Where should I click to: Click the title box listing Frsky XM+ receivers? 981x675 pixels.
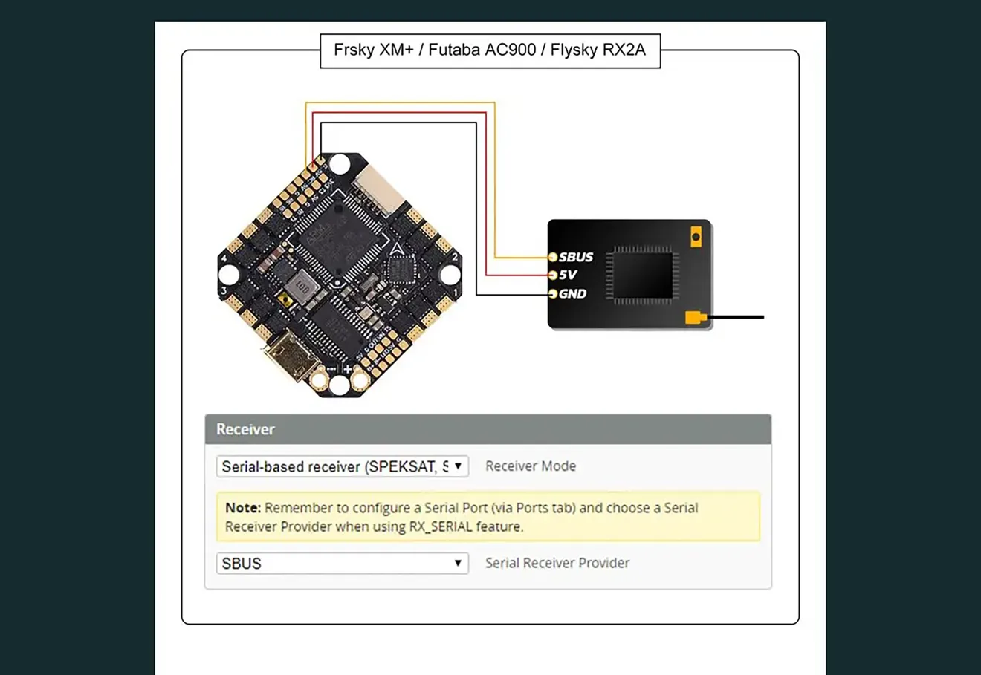[490, 50]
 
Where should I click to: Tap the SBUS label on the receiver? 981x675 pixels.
[576, 257]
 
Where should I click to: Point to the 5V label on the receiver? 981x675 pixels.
[568, 275]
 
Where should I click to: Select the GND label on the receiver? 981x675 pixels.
[572, 293]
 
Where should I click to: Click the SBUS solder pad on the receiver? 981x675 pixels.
[552, 257]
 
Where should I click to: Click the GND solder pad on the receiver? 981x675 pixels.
[552, 294]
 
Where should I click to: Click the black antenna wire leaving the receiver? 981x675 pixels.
[736, 317]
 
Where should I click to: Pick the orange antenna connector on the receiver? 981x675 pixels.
[694, 318]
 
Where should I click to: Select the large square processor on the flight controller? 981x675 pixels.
[338, 236]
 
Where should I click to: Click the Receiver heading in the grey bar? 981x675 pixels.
[245, 429]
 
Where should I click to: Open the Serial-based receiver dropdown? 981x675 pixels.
[342, 466]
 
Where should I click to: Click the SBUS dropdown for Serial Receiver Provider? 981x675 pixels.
[342, 563]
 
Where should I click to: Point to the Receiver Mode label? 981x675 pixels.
[531, 466]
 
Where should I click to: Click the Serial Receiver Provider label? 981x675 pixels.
[557, 563]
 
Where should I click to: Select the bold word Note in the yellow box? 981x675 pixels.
[242, 508]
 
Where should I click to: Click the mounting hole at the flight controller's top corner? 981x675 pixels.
[340, 164]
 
